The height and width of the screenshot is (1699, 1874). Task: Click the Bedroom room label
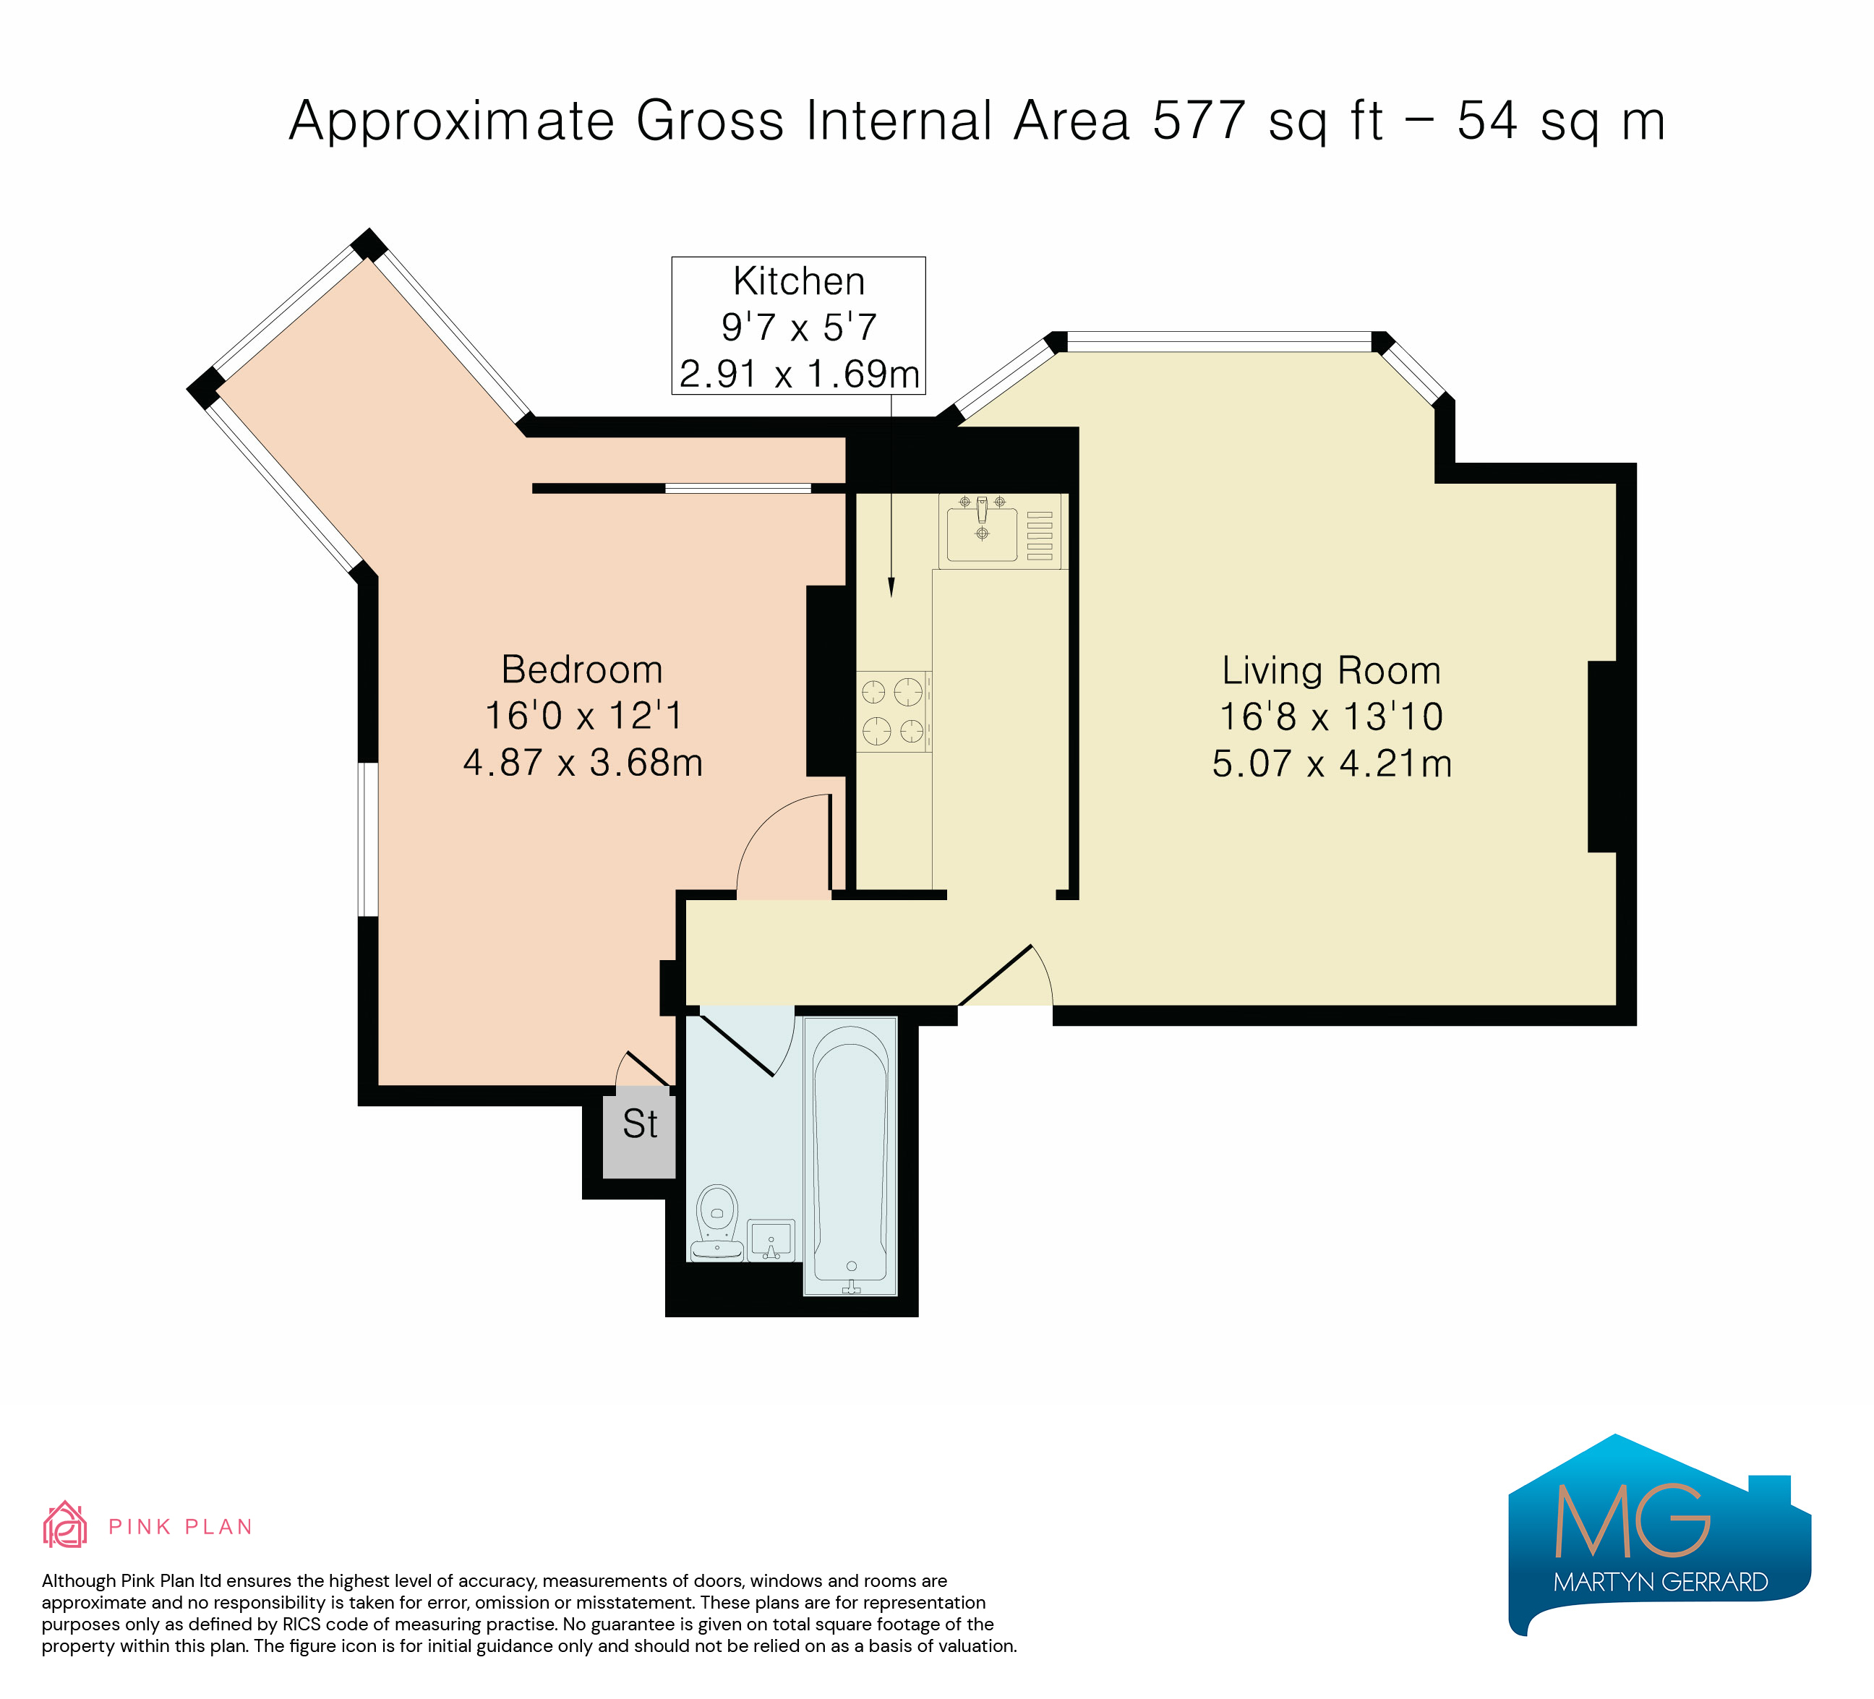[x=582, y=670]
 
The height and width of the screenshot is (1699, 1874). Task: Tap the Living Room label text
[x=1331, y=671]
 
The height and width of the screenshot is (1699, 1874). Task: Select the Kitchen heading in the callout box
[x=798, y=281]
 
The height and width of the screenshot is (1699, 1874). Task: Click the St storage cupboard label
[x=640, y=1125]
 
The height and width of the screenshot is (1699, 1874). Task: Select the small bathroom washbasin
[x=771, y=1240]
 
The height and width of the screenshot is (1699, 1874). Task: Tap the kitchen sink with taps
[x=982, y=531]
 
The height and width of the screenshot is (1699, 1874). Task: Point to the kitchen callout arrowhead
[x=891, y=587]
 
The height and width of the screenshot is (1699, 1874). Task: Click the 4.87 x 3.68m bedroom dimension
[x=583, y=763]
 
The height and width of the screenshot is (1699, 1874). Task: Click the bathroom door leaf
[x=736, y=1045]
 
